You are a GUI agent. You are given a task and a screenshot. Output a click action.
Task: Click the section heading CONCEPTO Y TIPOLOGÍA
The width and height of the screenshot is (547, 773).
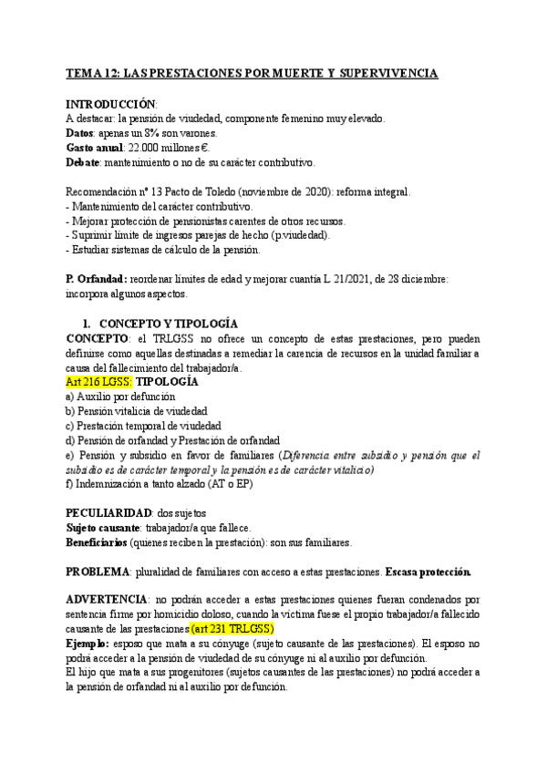pyautogui.click(x=168, y=324)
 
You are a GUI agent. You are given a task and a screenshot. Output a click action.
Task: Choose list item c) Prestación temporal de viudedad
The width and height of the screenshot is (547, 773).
pyautogui.click(x=143, y=425)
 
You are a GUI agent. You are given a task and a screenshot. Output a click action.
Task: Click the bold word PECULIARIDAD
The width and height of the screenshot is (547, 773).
pyautogui.click(x=108, y=513)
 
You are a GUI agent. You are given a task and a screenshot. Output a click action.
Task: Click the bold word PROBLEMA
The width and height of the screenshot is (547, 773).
pyautogui.click(x=98, y=572)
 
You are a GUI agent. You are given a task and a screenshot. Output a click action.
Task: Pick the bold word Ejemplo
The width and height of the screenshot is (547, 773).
pyautogui.click(x=88, y=644)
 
